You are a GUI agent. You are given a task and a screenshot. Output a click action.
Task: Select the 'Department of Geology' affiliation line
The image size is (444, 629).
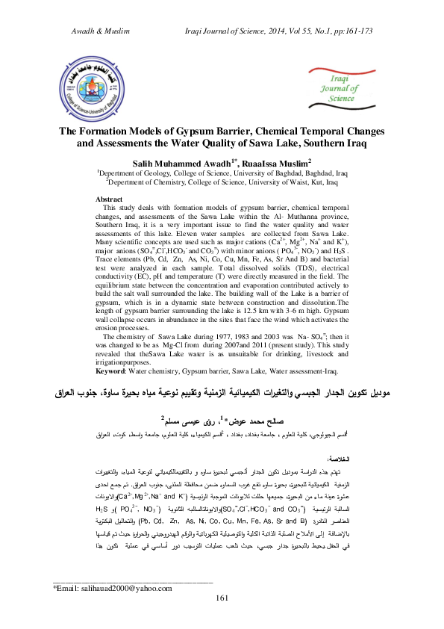pyautogui.click(x=222, y=173)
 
